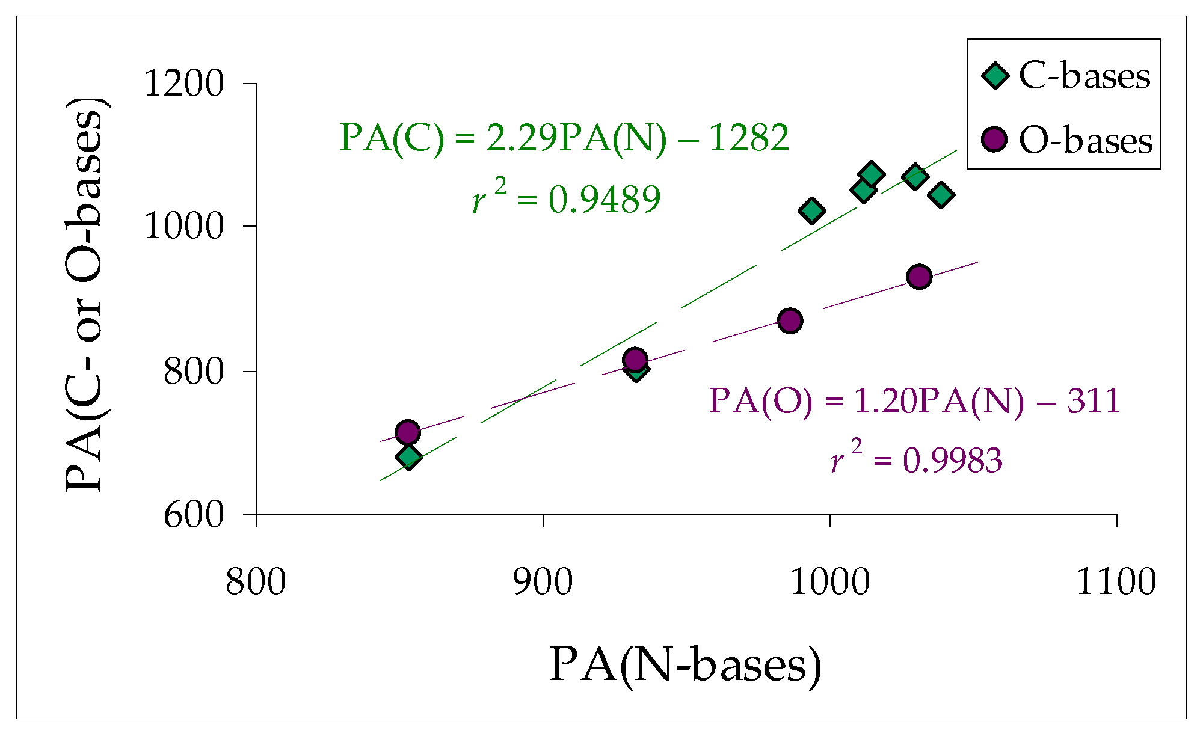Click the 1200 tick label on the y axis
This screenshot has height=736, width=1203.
click(x=183, y=84)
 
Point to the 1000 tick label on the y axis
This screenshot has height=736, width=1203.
click(x=183, y=227)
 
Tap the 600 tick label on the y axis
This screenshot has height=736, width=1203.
click(x=194, y=515)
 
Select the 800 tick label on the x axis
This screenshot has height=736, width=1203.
click(x=256, y=582)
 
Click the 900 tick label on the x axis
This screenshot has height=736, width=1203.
click(x=543, y=582)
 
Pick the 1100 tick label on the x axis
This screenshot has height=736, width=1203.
click(x=1116, y=582)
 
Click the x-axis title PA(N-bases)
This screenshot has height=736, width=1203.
click(x=685, y=665)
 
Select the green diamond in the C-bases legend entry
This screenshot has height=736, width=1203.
click(x=995, y=76)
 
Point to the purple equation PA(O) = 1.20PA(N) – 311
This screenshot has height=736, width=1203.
click(x=914, y=401)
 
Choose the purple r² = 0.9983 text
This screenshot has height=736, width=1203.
click(x=917, y=461)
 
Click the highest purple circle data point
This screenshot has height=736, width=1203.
click(x=918, y=277)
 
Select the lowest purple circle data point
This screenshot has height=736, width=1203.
click(x=407, y=432)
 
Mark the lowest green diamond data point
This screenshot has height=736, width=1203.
click(x=408, y=457)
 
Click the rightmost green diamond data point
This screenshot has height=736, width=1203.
click(x=941, y=195)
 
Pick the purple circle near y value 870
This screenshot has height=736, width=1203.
click(x=790, y=320)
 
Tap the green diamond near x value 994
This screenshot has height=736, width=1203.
click(x=811, y=210)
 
